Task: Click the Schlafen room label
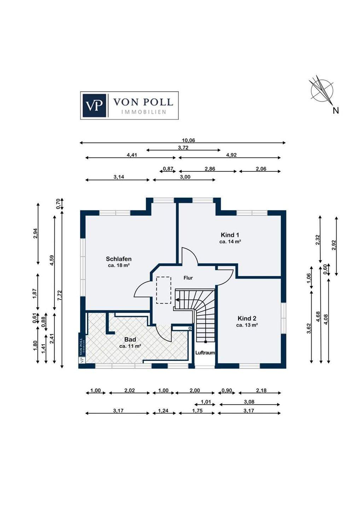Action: coord(118,259)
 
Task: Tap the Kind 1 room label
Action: coord(230,235)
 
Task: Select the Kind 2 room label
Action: coord(247,318)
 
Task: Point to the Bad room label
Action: coord(130,339)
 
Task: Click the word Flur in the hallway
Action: coord(188,278)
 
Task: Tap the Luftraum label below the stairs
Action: coord(205,353)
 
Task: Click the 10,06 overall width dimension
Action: coord(188,140)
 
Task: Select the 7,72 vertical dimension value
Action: coord(60,296)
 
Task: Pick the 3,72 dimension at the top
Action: coord(183,148)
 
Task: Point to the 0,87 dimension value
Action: coord(168,169)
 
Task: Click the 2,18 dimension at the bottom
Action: coord(261,391)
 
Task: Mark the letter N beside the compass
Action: coord(336,111)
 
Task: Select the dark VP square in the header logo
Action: coord(94,105)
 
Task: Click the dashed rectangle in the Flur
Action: coord(164,290)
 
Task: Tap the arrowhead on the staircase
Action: coord(177,300)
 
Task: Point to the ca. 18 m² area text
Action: coord(118,265)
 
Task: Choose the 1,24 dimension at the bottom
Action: coord(163,411)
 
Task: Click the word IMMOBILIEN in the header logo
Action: coord(144,112)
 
